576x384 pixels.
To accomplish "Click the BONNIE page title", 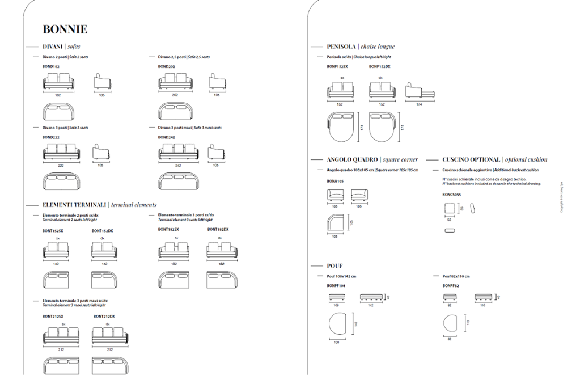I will tap(65, 29).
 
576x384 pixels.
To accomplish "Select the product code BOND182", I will tap(51, 66).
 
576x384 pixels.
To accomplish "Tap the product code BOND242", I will tap(167, 137).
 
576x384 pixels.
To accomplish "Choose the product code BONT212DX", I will tap(104, 316).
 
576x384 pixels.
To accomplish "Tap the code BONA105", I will tap(335, 181).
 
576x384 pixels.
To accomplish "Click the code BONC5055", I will tap(451, 195).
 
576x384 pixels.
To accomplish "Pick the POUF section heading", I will tap(334, 265).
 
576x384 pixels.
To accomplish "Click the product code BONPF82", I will tap(451, 285).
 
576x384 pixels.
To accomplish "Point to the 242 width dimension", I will tap(177, 164).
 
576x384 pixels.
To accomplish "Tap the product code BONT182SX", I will tap(168, 229).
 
